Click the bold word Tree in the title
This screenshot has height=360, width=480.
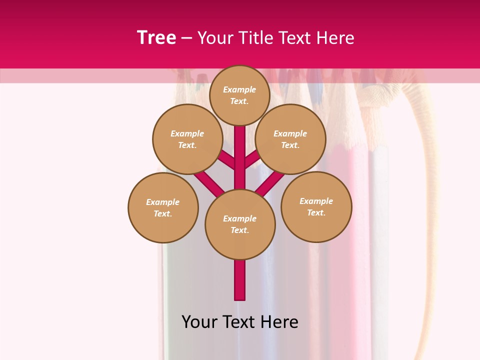(x=156, y=38)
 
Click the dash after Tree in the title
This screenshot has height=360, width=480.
(x=186, y=38)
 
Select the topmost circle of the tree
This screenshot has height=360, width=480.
(x=239, y=95)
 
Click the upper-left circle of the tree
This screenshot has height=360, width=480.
(x=187, y=139)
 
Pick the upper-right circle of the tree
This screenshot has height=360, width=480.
(x=290, y=139)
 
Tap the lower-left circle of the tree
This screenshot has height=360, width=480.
(x=163, y=207)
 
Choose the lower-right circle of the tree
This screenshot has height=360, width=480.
(x=316, y=206)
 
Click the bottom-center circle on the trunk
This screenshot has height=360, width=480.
(x=240, y=224)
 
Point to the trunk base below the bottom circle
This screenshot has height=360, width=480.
(x=240, y=280)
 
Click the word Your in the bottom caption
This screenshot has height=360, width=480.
(x=199, y=322)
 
